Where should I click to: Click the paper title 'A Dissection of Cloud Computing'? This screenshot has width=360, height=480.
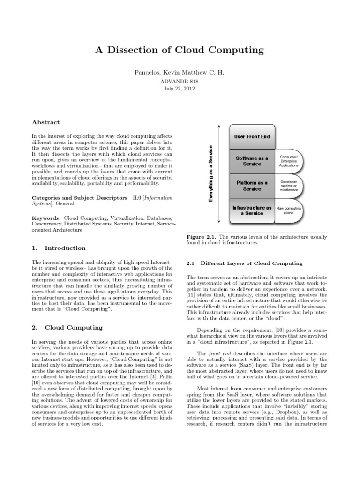tap(180, 49)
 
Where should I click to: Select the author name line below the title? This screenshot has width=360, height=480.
tap(180, 73)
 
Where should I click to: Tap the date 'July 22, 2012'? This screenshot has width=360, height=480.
tap(180, 89)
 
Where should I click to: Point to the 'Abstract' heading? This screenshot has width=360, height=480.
tap(45, 122)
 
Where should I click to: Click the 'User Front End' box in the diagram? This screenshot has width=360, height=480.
tap(252, 136)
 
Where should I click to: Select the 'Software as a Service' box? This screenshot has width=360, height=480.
tap(252, 161)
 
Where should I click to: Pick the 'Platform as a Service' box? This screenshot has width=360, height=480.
tap(252, 186)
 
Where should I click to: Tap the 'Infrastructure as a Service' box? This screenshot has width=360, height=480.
tap(252, 210)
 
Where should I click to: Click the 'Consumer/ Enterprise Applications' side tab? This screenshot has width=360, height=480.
tap(288, 161)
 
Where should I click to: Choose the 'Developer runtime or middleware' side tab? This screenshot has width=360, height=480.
tap(288, 186)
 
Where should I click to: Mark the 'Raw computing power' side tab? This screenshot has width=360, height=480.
tap(288, 210)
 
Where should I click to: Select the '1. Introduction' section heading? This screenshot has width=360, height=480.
tap(59, 248)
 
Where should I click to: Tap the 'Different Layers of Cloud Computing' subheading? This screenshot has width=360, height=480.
tap(251, 263)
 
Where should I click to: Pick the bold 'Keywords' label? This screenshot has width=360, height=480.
tap(45, 218)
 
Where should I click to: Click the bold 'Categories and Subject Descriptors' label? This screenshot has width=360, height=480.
tap(78, 198)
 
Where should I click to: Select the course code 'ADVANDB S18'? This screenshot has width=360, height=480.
tap(180, 82)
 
